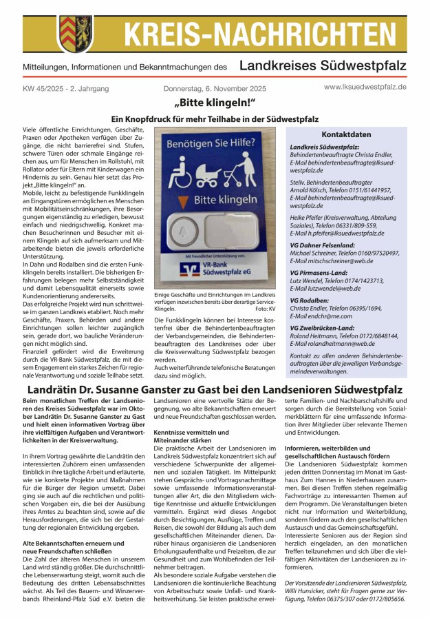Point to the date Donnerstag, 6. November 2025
[214, 89]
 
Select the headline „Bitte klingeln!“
[215, 104]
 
